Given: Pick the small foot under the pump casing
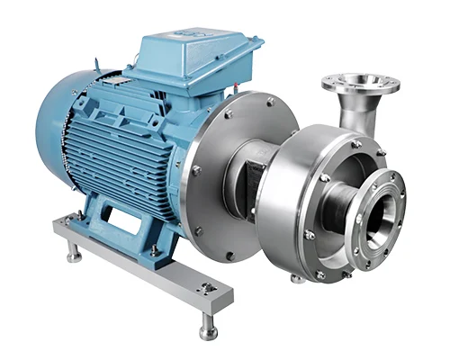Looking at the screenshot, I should pos(297,276).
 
